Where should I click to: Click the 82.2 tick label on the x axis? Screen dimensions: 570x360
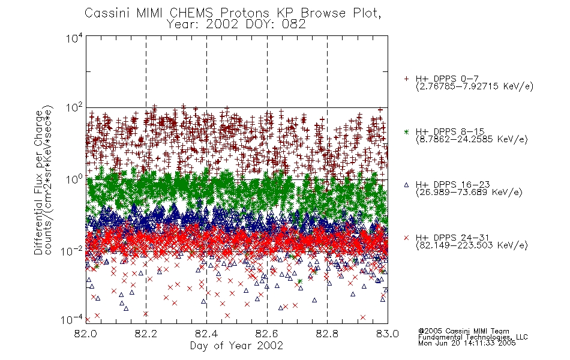click(x=146, y=334)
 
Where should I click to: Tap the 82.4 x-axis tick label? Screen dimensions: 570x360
click(x=206, y=334)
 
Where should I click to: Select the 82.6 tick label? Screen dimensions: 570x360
click(x=267, y=334)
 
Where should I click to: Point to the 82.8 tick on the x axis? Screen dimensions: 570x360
click(x=327, y=334)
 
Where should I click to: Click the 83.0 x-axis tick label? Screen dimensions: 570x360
click(x=388, y=334)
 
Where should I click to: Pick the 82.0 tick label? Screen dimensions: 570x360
click(x=85, y=334)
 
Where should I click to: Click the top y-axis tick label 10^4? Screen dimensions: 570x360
click(x=74, y=38)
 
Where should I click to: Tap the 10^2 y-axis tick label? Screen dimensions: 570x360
click(x=74, y=109)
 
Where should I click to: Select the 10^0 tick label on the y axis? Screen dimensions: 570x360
click(x=74, y=179)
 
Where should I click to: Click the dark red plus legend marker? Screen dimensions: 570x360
click(x=406, y=79)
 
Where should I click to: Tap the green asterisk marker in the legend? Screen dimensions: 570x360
click(x=406, y=131)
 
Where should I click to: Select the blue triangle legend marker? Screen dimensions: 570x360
click(x=406, y=185)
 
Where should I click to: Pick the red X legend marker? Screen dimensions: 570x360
click(x=406, y=238)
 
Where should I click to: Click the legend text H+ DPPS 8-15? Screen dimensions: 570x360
click(x=450, y=131)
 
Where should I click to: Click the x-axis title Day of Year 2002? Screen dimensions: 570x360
click(x=236, y=346)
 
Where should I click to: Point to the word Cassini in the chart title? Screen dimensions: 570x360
click(x=107, y=13)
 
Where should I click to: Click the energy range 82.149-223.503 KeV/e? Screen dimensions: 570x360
click(x=472, y=245)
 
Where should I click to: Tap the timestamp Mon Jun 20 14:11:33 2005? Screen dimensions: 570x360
click(x=467, y=343)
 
